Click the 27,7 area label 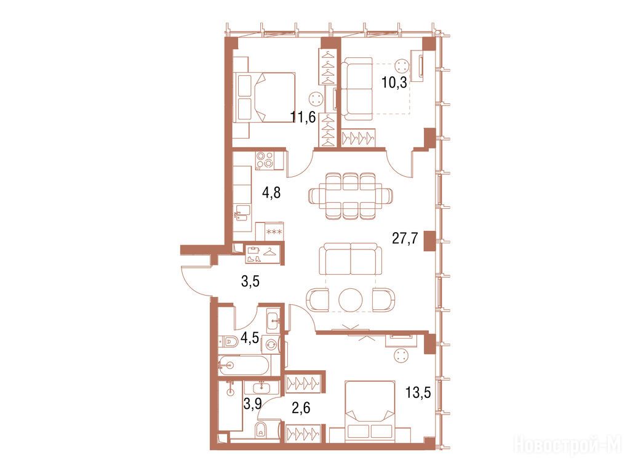[405, 238]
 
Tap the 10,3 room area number [394, 83]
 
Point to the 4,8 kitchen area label [271, 193]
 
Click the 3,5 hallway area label [250, 281]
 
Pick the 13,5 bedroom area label [418, 392]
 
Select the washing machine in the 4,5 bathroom [271, 344]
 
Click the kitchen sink [242, 212]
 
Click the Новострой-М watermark [568, 445]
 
